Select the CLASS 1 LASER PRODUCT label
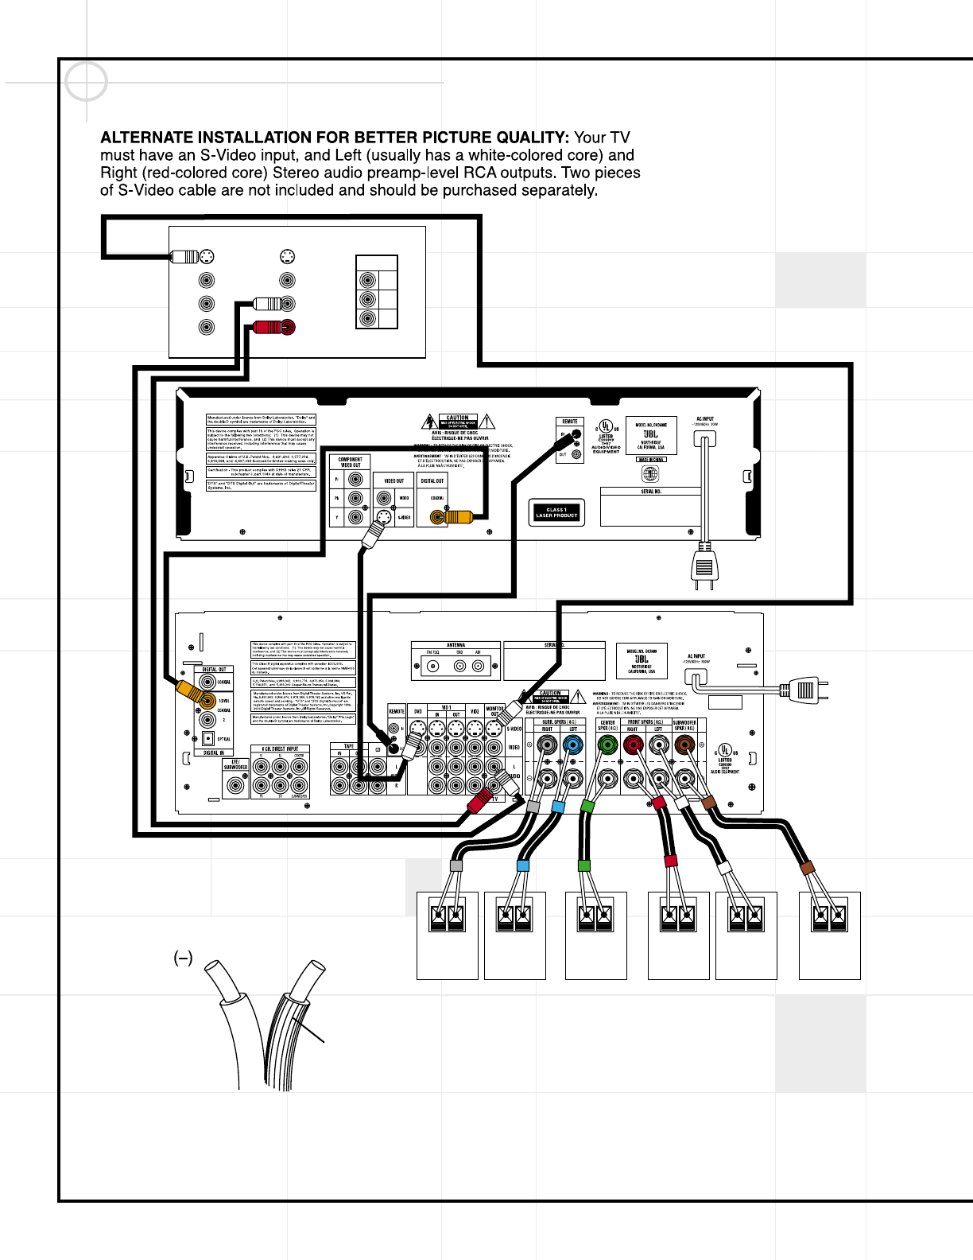(556, 513)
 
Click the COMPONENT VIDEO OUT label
(350, 462)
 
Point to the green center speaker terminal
(607, 745)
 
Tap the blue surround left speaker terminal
(572, 745)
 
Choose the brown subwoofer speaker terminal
(684, 745)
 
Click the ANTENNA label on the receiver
(456, 645)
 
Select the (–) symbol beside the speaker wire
(183, 959)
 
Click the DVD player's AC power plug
(704, 566)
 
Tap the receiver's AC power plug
(804, 689)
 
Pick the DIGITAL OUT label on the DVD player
(432, 480)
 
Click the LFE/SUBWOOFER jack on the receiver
(235, 785)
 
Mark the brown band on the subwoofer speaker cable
(808, 869)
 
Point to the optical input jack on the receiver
(208, 739)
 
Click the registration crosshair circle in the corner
(86, 81)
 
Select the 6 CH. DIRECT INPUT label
(280, 749)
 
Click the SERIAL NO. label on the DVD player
(650, 492)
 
